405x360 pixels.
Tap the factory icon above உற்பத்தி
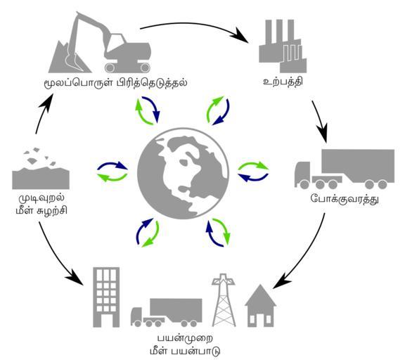pos(283,46)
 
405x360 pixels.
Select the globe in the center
pos(183,174)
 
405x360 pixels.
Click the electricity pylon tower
pos(224,300)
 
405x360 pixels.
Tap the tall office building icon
pos(106,297)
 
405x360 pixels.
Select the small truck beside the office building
pos(167,313)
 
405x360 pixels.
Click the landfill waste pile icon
pos(41,169)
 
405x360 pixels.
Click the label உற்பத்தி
pos(283,82)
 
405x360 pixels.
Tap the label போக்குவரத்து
pos(345,200)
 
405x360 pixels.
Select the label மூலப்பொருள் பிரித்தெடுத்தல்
pos(115,83)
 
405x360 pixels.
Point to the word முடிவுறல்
pos(41,199)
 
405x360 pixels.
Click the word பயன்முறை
pos(185,339)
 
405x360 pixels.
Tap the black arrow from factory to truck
pos(321,122)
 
